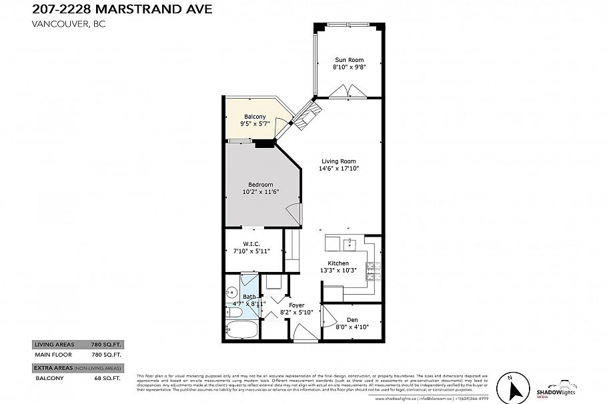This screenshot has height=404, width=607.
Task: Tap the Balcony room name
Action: point(254,117)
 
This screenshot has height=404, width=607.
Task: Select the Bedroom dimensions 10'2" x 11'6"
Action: point(260,192)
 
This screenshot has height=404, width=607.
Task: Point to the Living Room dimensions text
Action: point(339,169)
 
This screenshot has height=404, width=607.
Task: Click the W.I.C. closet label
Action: point(251,243)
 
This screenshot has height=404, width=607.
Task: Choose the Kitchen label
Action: point(339,263)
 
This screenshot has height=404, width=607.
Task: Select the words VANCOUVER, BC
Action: point(69,24)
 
